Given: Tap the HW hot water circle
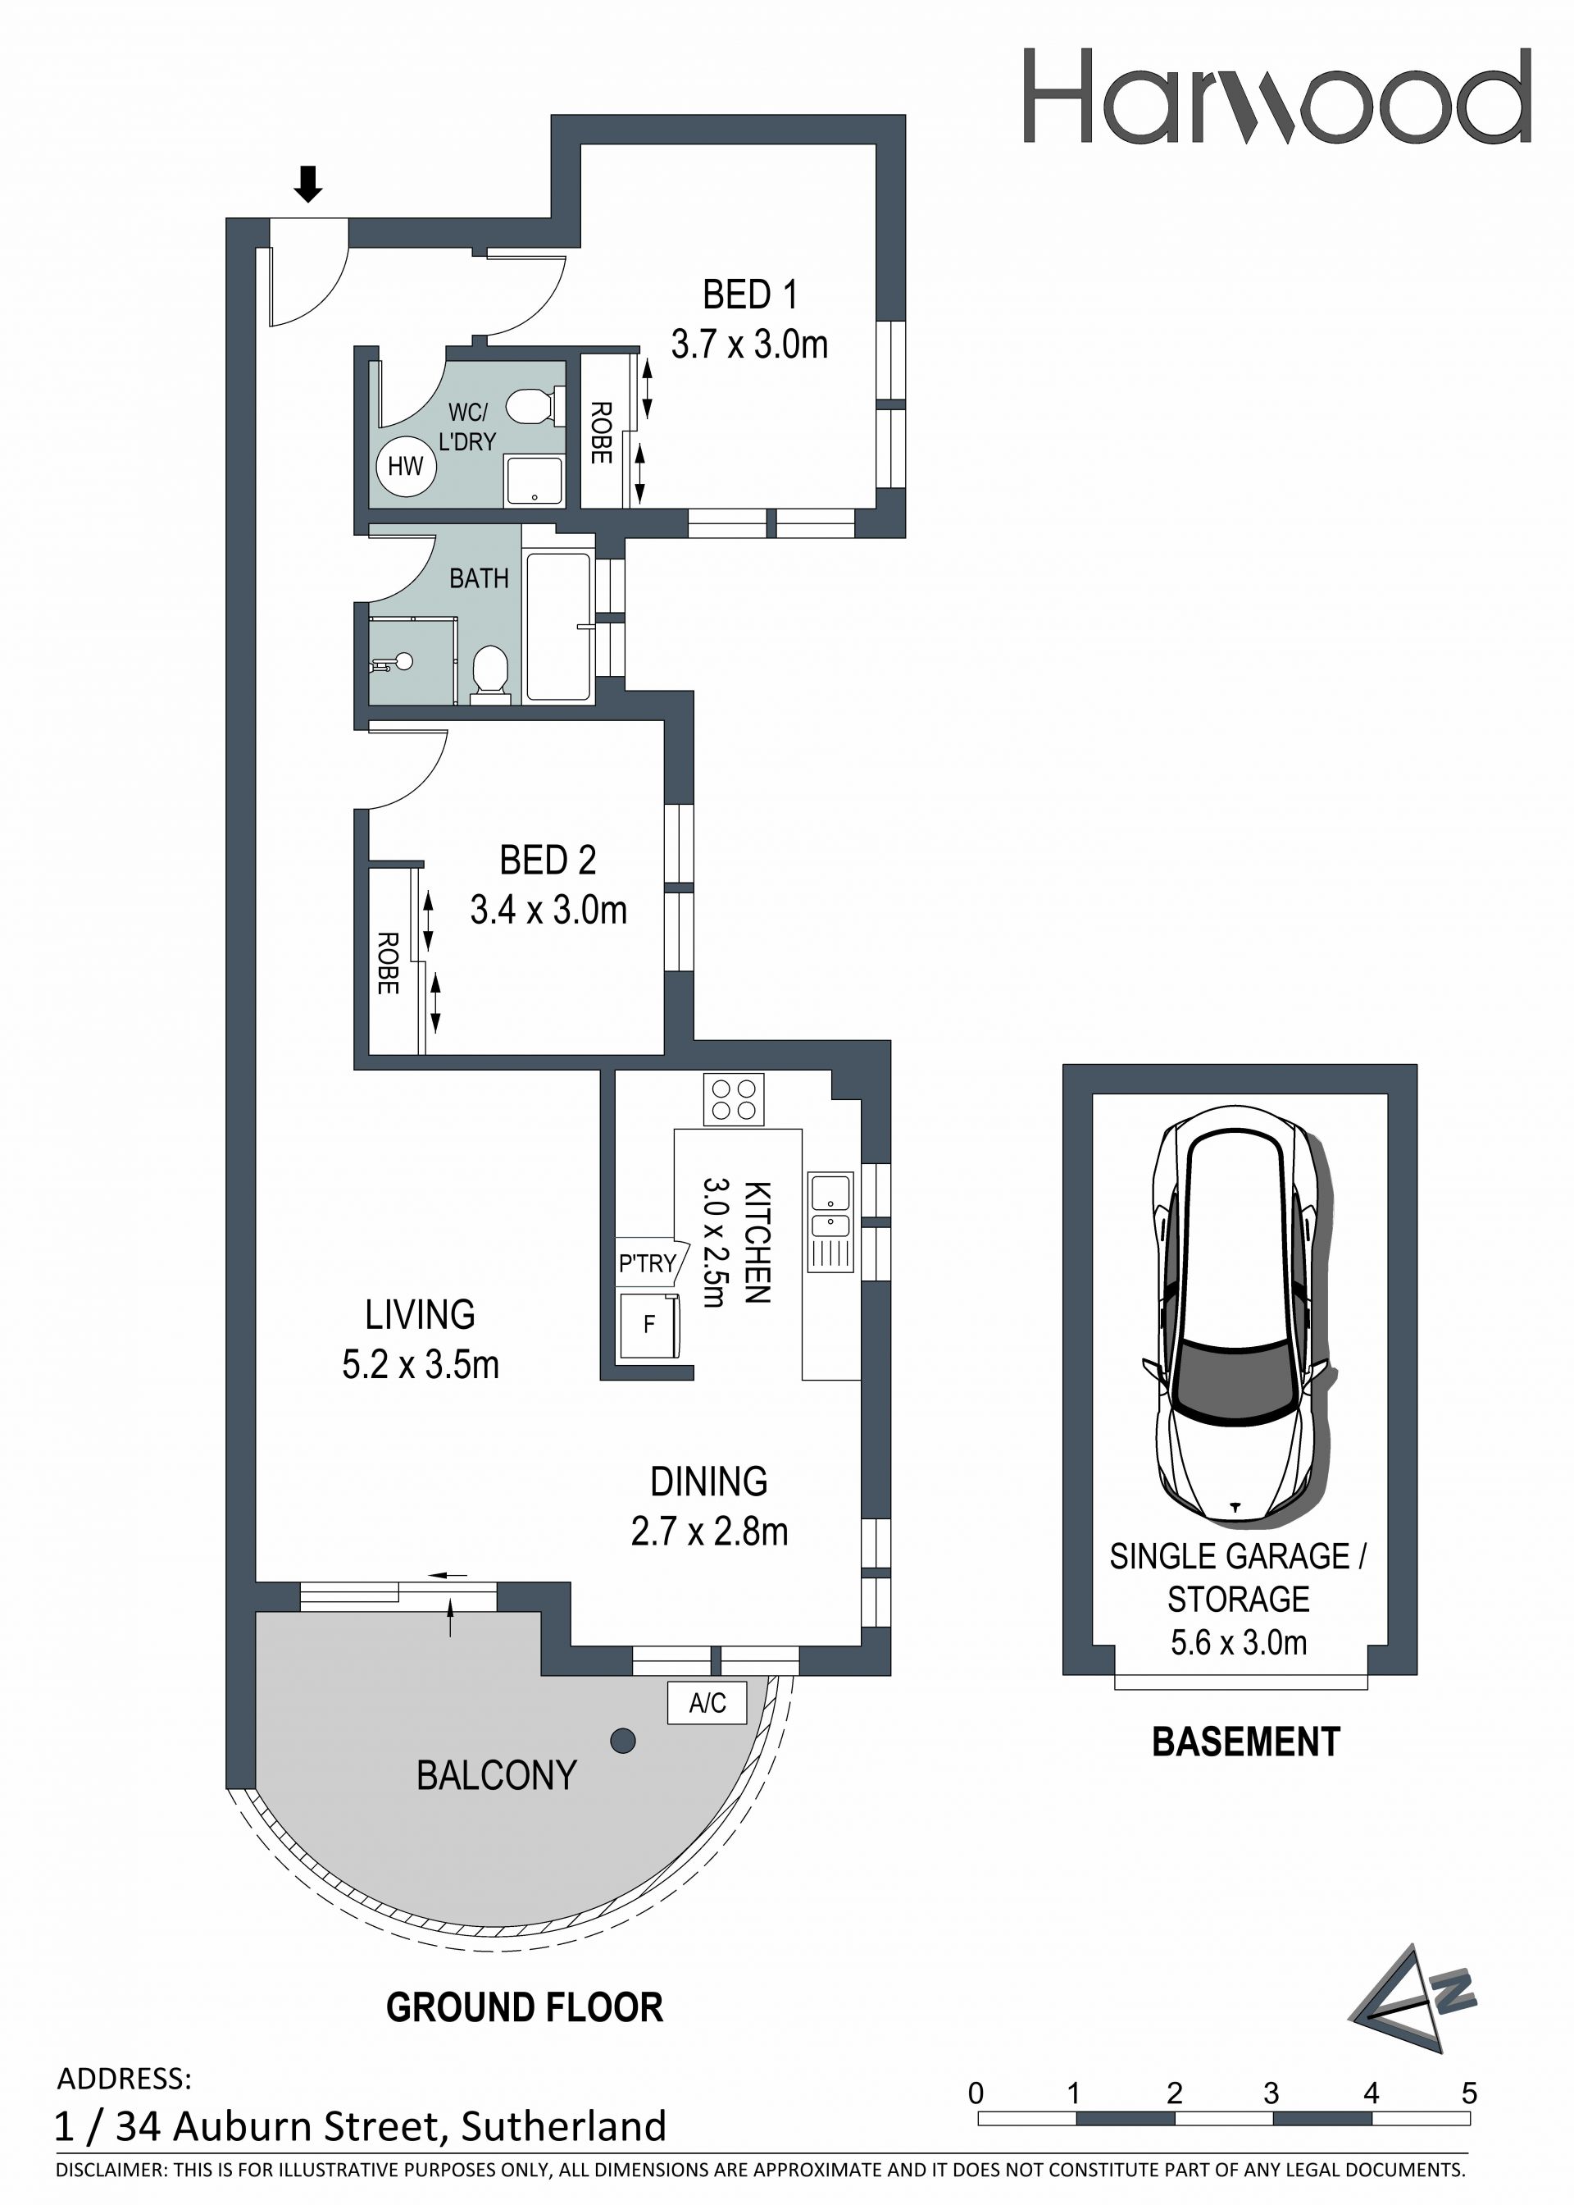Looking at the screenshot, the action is point(406,467).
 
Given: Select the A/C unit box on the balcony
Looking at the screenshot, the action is point(707,1703).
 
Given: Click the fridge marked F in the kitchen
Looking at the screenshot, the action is point(649,1324).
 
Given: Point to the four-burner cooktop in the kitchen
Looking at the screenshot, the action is point(734,1098).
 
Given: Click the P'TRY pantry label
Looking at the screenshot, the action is point(648,1263).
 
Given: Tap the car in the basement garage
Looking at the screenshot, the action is point(1238,1315).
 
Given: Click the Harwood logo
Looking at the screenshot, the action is point(1276,96).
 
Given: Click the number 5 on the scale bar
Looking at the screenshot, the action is point(1469,2093).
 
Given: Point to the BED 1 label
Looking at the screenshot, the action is point(749,294).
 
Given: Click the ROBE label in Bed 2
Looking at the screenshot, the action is point(388,963).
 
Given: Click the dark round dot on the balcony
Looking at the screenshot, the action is point(623,1741).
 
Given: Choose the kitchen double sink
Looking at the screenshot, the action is point(830,1221).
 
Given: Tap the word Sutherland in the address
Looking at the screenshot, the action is point(563,2126).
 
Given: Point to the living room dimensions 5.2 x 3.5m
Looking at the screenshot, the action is point(421,1364).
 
